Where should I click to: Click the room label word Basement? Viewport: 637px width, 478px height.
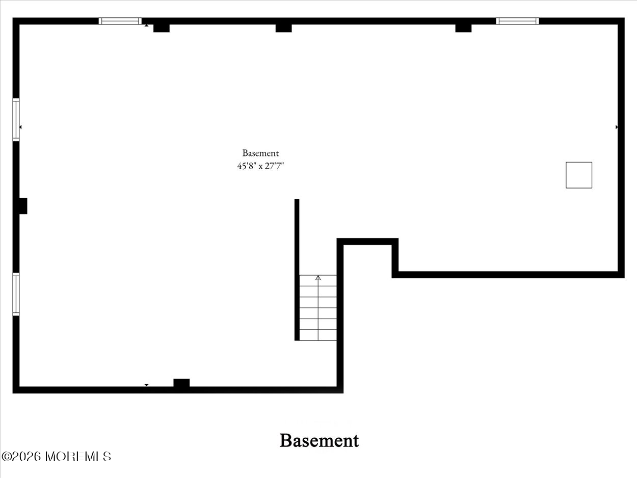pos(260,153)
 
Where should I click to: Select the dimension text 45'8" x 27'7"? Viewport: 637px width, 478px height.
pos(260,166)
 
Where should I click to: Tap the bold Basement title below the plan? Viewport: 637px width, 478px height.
pos(319,441)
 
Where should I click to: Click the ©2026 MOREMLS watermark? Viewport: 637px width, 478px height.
pos(56,457)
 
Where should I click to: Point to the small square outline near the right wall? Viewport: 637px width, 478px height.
pos(579,175)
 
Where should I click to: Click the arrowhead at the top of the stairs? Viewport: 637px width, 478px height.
pos(318,278)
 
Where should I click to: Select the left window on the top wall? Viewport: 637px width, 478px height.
pos(120,21)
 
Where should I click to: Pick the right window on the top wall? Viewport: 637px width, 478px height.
pos(517,21)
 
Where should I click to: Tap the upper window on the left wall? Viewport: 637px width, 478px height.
pos(16,120)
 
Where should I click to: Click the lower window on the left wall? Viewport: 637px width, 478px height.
pos(16,294)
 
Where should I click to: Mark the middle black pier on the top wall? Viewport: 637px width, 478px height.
pos(283,28)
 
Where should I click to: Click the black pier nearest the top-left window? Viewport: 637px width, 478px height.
pos(162,28)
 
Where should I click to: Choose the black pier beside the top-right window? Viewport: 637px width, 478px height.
pos(463,28)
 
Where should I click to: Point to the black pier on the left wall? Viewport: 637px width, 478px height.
pos(23,206)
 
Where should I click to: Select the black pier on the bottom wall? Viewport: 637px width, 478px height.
pos(181,383)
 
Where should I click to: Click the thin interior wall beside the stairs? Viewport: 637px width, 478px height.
pos(297,270)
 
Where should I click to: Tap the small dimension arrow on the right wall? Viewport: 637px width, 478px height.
pos(617,127)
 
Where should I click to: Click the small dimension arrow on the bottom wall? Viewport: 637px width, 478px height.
pos(147,385)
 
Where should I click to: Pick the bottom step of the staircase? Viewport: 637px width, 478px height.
pos(318,335)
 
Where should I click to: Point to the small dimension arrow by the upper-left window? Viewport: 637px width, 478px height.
pos(20,127)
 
